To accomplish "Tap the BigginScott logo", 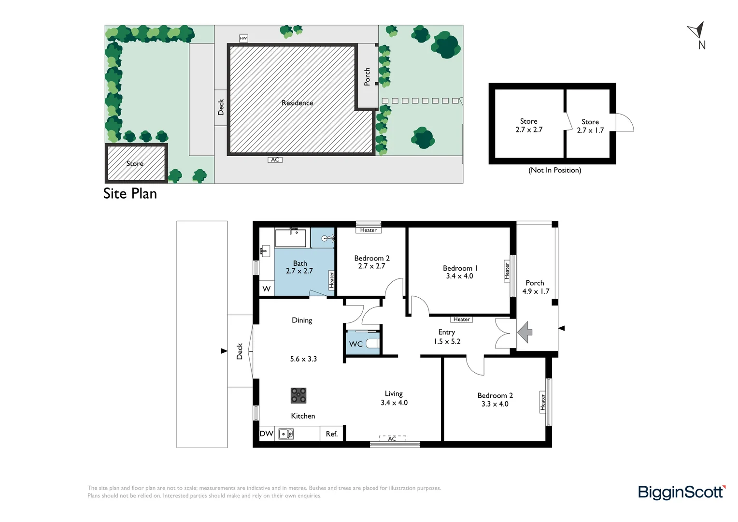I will coord(681,492).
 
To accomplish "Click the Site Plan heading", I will coord(130,194).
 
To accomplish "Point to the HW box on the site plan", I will coord(243,38).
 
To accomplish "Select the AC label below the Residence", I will coord(275,160).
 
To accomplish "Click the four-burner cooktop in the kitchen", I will coord(298,395).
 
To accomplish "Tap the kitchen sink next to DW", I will coord(286,434).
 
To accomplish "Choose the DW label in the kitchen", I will coord(267,434).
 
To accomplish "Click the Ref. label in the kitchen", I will coord(331,434).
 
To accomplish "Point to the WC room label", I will coord(356,344).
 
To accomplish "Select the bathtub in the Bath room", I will coord(290,238).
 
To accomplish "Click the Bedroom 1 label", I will coord(460,268).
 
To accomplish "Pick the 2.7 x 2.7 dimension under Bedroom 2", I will coord(371,266).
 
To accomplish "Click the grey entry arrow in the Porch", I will coord(525,333).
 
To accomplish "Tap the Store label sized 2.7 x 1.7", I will coord(590,122).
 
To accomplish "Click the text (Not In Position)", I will coord(554,170).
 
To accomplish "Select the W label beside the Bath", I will coord(266,289).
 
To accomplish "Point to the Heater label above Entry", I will coord(461,319).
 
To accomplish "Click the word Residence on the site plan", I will coord(297,103).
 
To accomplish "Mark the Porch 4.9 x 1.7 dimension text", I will coord(536,291).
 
